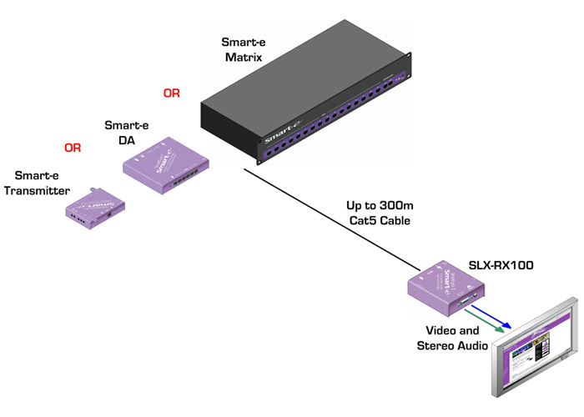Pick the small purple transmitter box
click(95, 206)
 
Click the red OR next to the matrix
click(171, 93)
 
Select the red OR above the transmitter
click(73, 148)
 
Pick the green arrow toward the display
click(489, 323)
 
